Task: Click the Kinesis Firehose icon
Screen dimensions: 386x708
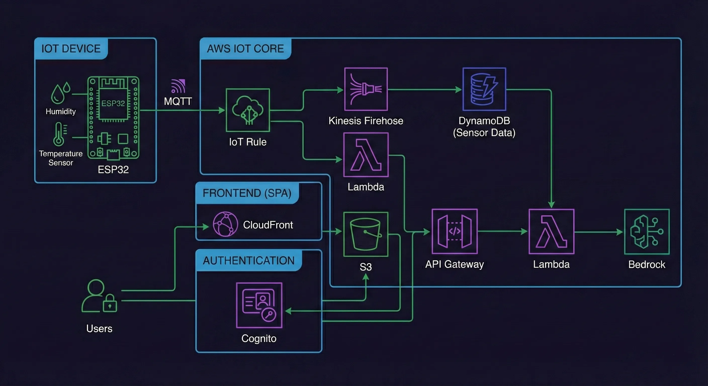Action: pyautogui.click(x=366, y=89)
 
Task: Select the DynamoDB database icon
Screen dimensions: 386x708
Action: pyautogui.click(x=484, y=89)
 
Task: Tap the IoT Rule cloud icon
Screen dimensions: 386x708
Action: pyautogui.click(x=248, y=110)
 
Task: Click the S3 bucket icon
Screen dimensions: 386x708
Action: pyautogui.click(x=366, y=234)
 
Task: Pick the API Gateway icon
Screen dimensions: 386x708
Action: pyautogui.click(x=455, y=231)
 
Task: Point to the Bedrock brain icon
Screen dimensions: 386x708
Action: pyautogui.click(x=647, y=232)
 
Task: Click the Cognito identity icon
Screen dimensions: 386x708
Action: pyautogui.click(x=259, y=305)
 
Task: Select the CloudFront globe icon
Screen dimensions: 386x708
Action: pyautogui.click(x=225, y=224)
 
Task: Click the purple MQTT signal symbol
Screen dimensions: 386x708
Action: pyautogui.click(x=178, y=86)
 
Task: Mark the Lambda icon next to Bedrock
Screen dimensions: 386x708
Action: pyautogui.click(x=551, y=231)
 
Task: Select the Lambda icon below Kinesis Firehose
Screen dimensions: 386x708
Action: pyautogui.click(x=366, y=155)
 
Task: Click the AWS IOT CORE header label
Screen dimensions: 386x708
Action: pyautogui.click(x=245, y=49)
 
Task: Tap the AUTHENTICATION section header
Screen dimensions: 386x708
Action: pyautogui.click(x=248, y=260)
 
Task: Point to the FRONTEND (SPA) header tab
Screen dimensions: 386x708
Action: pyautogui.click(x=247, y=193)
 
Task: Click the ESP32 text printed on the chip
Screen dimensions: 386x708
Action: pyautogui.click(x=113, y=103)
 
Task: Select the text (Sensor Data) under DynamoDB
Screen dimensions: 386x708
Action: pyautogui.click(x=484, y=133)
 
